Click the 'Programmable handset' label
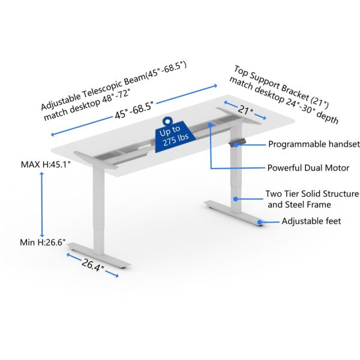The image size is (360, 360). pos(313,144)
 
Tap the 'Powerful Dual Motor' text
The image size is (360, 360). pos(308,168)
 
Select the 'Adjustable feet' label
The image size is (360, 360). pos(311,221)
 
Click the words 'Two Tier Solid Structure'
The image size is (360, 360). pos(312,194)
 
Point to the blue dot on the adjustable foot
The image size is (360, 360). pos(260,222)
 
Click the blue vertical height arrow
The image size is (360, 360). pos(42,203)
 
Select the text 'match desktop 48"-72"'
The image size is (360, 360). pos(87,107)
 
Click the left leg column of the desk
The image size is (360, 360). pos(95,207)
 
